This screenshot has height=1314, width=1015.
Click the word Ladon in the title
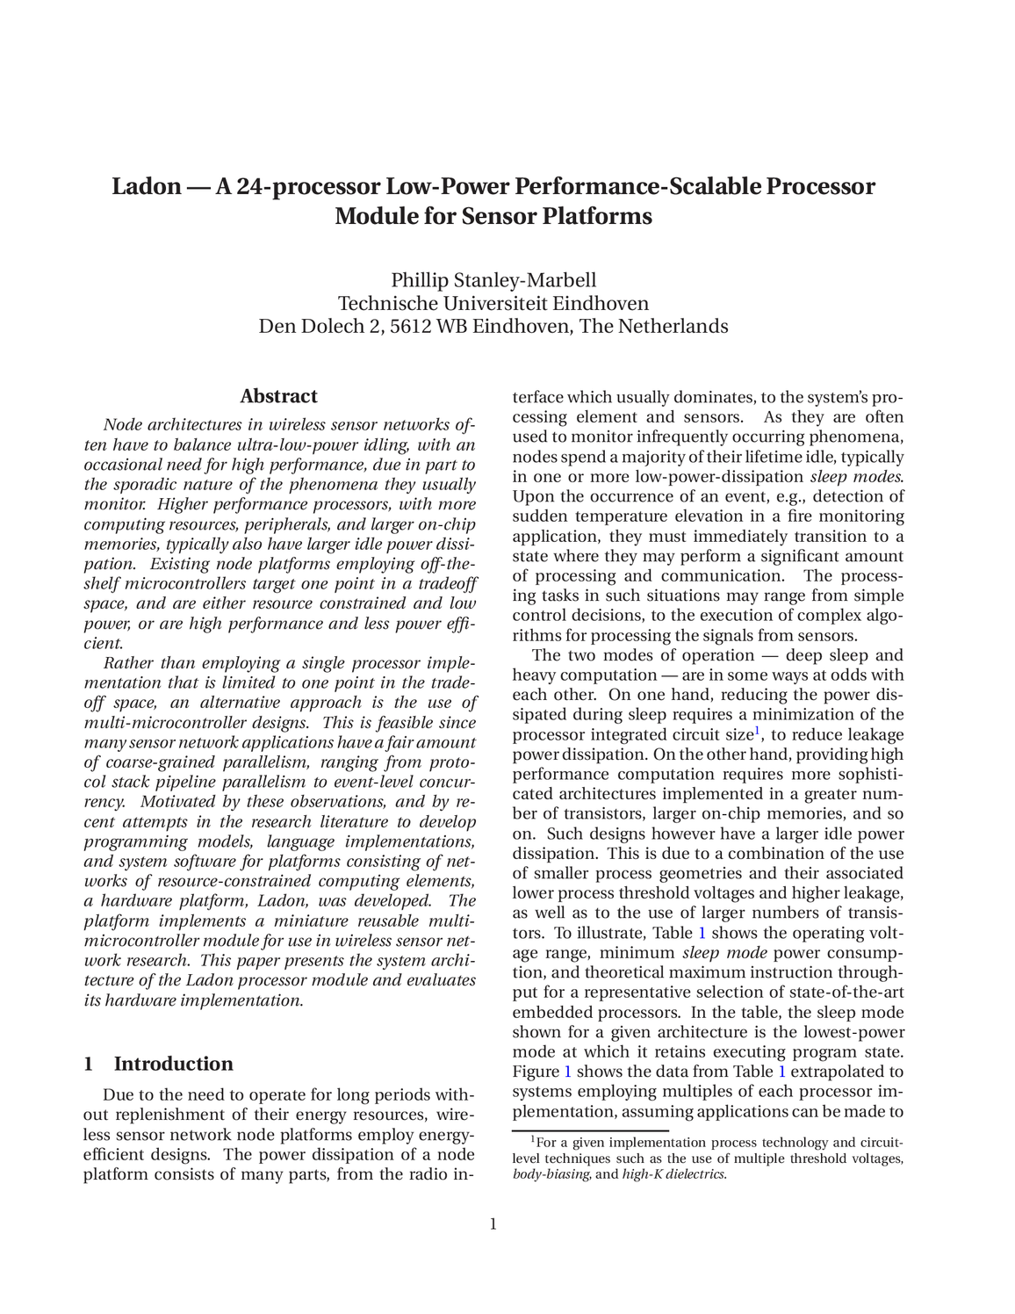click(145, 187)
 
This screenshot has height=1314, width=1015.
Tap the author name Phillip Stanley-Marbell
click(493, 280)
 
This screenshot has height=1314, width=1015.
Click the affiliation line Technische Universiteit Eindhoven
click(493, 304)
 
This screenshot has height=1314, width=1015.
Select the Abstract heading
click(278, 396)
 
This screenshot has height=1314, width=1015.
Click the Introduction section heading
click(173, 1064)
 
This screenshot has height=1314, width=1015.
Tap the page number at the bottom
click(493, 1224)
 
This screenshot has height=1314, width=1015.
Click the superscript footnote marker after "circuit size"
click(758, 730)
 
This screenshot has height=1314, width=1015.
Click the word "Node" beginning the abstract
click(123, 425)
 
